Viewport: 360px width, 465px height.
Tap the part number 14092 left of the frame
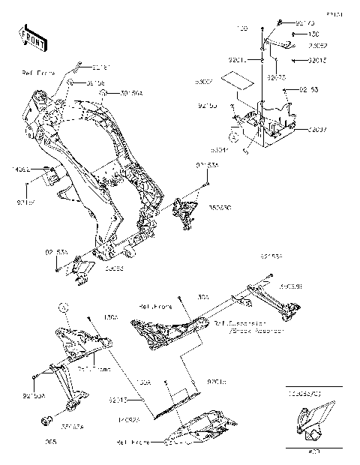tap(22, 170)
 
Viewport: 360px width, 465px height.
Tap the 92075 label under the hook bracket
tap(275, 76)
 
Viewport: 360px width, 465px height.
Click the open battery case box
tap(266, 120)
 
